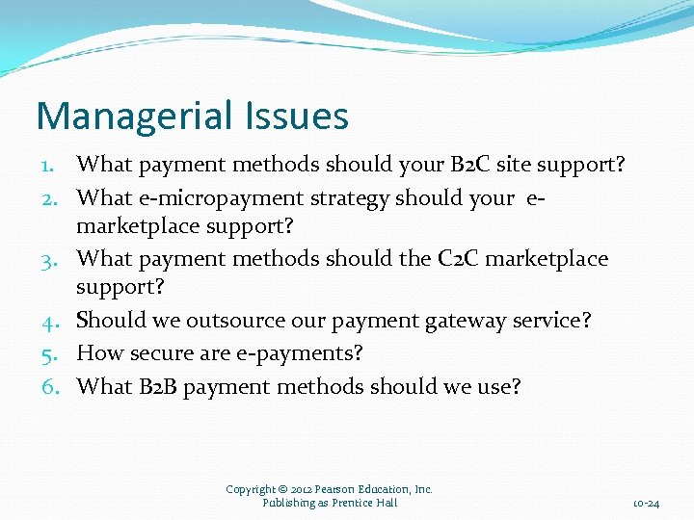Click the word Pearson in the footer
334,489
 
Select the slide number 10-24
646,504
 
